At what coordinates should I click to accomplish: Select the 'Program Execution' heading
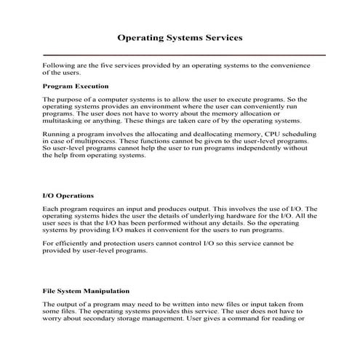(75, 86)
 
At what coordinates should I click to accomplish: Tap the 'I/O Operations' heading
(68, 196)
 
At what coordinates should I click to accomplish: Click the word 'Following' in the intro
(58, 65)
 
